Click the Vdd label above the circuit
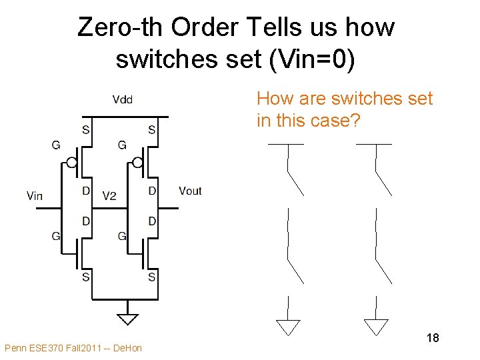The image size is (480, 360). click(122, 100)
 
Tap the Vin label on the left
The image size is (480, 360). click(35, 195)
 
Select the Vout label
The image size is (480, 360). click(190, 191)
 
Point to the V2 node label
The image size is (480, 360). click(109, 195)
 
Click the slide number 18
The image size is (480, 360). click(432, 338)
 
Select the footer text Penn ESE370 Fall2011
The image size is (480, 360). click(73, 348)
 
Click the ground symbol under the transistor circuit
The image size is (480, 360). click(127, 319)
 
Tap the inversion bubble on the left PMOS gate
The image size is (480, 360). click(71, 162)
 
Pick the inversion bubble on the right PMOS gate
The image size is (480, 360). click(137, 162)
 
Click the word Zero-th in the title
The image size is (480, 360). click(122, 28)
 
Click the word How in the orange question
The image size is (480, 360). click(272, 99)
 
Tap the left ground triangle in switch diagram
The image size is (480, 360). click(288, 327)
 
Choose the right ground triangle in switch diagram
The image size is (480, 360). click(376, 327)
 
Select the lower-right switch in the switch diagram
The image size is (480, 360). click(381, 264)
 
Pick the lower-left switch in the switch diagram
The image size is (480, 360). click(293, 264)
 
